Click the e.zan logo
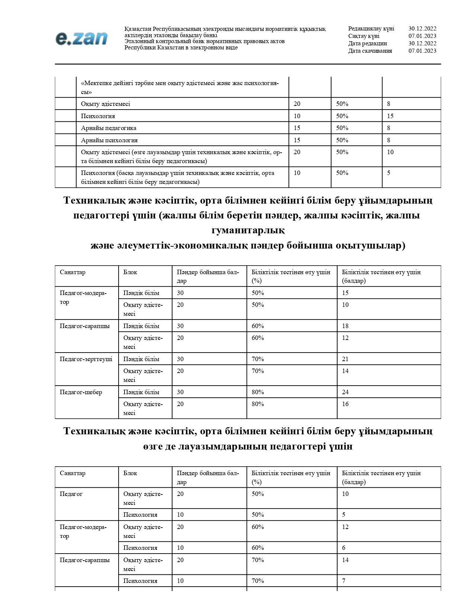81,38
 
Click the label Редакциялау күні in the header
371,29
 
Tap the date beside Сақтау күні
422,36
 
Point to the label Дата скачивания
370,51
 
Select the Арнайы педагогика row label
109,128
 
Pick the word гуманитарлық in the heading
248,230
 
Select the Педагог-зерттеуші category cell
86,359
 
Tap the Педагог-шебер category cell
81,392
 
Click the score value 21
345,359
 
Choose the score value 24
345,392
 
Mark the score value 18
345,326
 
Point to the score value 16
345,404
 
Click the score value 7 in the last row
344,581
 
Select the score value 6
344,548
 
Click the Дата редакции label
367,43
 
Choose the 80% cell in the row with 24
258,392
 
